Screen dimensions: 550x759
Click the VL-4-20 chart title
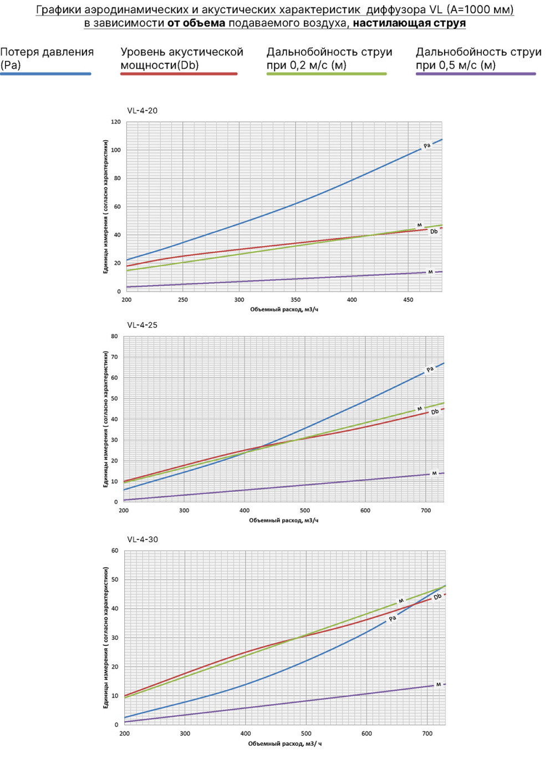coord(142,111)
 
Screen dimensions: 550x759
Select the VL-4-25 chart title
coord(142,325)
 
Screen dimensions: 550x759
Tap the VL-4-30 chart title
coord(142,540)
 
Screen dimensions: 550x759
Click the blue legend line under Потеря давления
coord(46,74)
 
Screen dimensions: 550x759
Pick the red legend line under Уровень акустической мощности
coord(179,74)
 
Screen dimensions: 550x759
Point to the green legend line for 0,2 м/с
coord(327,74)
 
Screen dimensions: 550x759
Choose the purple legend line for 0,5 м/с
coord(476,74)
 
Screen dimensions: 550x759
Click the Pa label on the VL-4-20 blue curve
coord(427,146)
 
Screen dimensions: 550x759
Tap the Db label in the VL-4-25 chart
coord(435,412)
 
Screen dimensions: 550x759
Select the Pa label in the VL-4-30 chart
coord(393,619)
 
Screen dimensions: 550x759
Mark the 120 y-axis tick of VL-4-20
coord(116,122)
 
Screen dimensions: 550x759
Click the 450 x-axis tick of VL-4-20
coord(409,300)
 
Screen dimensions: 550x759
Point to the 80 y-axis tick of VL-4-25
coord(114,337)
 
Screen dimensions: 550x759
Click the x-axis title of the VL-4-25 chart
coord(284,520)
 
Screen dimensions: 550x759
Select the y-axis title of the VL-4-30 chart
coord(106,638)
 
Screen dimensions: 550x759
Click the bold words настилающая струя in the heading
coord(409,23)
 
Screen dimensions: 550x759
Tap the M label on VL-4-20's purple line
coord(430,272)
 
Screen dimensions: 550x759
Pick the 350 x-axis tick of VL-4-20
coord(296,300)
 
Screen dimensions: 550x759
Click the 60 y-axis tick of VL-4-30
coord(115,551)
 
